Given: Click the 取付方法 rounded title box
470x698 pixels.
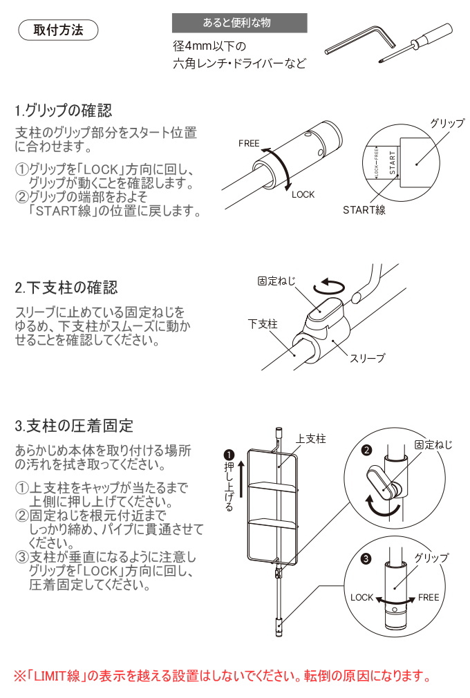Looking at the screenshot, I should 58,30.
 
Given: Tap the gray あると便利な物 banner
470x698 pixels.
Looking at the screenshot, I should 239,23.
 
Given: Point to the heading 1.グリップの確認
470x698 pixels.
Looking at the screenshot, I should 63,111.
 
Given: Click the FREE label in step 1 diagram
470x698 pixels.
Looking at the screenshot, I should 249,144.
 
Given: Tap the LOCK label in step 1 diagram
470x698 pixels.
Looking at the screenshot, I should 303,195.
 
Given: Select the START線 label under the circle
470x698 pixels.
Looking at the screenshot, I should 364,210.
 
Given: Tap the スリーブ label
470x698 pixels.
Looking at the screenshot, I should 367,358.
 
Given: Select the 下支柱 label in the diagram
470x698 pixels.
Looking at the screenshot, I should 262,323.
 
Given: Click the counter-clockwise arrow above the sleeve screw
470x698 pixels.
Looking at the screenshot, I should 330,285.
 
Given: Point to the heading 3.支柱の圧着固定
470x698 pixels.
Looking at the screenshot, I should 74,425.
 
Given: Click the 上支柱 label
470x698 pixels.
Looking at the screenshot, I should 310,439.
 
